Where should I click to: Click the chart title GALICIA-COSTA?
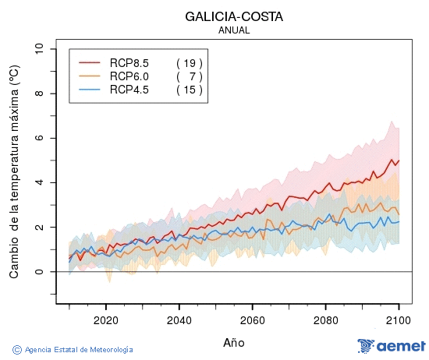[x=234, y=16]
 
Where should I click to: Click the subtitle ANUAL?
[x=234, y=30]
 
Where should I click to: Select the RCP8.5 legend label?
[x=129, y=62]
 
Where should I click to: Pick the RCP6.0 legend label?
[x=129, y=76]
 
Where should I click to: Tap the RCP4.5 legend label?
[x=129, y=90]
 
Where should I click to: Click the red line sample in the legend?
[x=90, y=62]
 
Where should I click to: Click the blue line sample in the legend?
[x=90, y=90]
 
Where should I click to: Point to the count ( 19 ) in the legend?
[x=189, y=62]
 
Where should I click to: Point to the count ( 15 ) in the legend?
[x=189, y=90]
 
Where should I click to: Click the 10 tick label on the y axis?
[x=40, y=49]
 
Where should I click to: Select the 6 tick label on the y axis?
[x=40, y=138]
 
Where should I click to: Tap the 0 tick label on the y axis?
[x=40, y=272]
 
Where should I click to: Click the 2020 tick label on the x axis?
[x=105, y=320]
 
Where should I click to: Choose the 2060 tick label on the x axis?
[x=253, y=320]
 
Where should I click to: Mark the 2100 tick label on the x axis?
[x=399, y=320]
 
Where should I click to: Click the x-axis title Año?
[x=234, y=342]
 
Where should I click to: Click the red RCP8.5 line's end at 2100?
[x=399, y=161]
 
